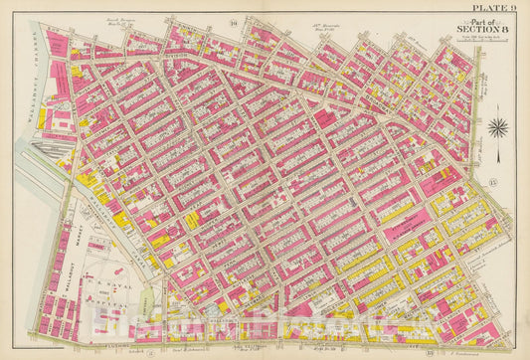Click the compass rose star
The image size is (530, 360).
coord(498,127)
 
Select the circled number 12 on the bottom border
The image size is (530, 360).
coord(149,351)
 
